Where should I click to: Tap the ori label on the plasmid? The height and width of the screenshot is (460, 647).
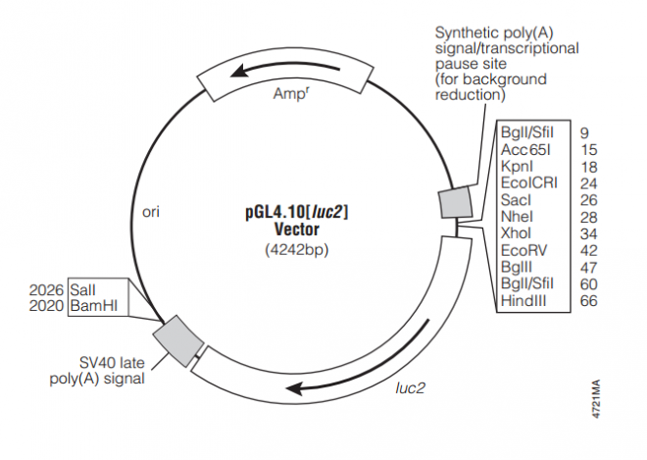pos(152,212)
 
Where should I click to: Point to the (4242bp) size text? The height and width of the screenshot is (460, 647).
pos(296,250)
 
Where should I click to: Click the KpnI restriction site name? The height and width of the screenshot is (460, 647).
pos(516,167)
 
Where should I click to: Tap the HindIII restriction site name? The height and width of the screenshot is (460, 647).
pos(522,301)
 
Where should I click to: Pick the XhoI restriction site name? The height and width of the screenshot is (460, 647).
pos(516,233)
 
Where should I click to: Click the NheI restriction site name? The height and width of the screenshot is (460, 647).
pos(516,217)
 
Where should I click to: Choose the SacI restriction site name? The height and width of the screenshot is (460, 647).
pos(516,200)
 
